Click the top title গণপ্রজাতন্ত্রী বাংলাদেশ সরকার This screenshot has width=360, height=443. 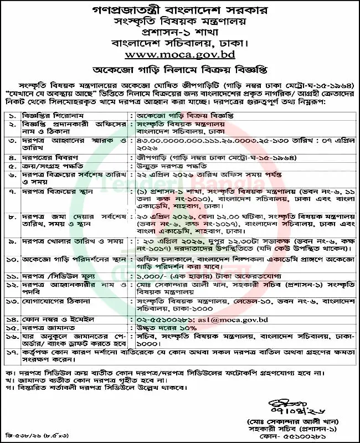pyautogui.click(x=179, y=9)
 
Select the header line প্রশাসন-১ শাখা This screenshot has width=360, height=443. pyautogui.click(x=179, y=32)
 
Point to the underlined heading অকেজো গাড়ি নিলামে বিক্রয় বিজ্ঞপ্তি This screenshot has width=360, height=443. pyautogui.click(x=179, y=69)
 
